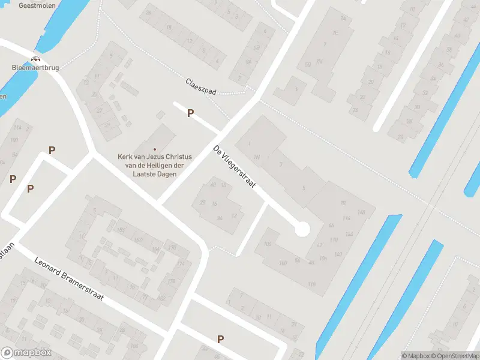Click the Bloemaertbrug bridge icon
[36, 59]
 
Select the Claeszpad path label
[200, 86]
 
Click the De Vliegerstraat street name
[234, 166]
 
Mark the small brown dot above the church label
[155, 149]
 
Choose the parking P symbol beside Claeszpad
[191, 113]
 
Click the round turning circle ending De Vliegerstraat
[302, 229]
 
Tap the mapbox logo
[26, 353]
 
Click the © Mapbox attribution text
[416, 356]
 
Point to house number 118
[311, 283]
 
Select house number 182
[161, 298]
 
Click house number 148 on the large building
[361, 212]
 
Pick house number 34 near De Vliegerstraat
[220, 218]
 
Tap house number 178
[171, 281]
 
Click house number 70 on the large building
[343, 203]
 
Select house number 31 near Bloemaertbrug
[108, 125]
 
